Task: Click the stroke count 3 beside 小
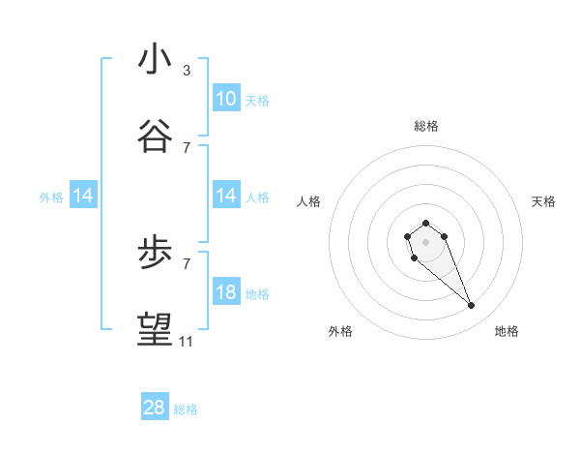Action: (x=187, y=71)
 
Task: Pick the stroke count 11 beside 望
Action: (x=187, y=342)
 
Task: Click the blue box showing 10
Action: (x=226, y=99)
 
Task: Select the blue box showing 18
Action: (x=226, y=292)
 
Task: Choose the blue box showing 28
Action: (x=155, y=409)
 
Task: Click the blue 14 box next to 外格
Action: (x=83, y=196)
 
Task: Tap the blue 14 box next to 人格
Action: (x=226, y=196)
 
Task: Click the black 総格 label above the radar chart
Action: (x=426, y=126)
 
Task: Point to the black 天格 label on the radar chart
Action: (x=543, y=201)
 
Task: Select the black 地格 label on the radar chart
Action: (x=507, y=331)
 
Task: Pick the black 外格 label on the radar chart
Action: (x=340, y=331)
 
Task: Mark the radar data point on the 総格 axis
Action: (x=425, y=224)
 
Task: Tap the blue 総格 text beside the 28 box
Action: (x=186, y=409)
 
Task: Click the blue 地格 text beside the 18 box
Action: (x=257, y=293)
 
